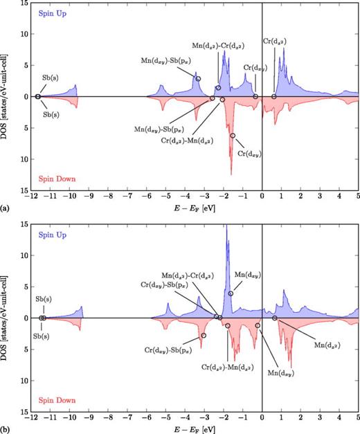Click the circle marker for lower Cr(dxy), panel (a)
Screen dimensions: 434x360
coord(233,136)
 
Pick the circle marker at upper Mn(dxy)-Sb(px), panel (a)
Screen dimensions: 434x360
coord(198,79)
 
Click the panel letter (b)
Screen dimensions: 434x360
coord(6,429)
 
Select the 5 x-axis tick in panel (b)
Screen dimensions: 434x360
coord(358,418)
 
